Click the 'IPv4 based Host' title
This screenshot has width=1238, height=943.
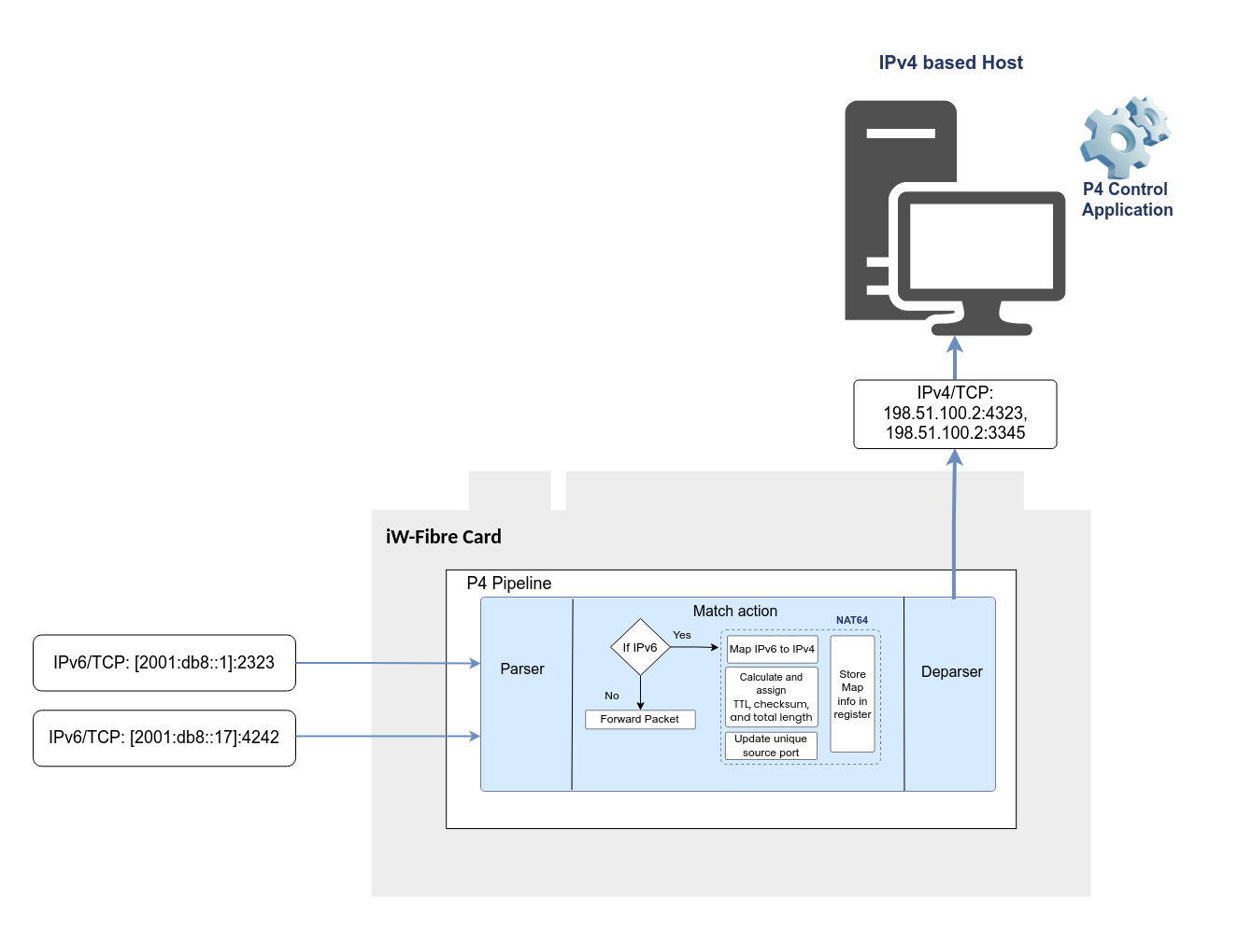[x=950, y=63]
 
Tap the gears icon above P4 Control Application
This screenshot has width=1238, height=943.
[x=1125, y=137]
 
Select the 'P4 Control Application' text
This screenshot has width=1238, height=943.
[x=1126, y=199]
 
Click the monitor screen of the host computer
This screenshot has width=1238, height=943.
[x=980, y=246]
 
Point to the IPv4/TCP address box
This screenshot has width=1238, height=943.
[x=954, y=414]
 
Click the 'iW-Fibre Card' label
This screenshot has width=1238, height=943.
[x=443, y=537]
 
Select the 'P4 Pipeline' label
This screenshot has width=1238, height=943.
[x=508, y=583]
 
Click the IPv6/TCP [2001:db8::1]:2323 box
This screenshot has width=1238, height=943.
[x=164, y=662]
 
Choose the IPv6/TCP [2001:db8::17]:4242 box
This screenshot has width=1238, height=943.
[x=164, y=738]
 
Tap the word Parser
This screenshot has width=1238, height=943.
[x=521, y=669]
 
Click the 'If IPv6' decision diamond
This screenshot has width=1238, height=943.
[x=640, y=647]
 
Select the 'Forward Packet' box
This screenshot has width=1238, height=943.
[x=640, y=719]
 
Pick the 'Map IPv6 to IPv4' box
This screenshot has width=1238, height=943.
[x=771, y=649]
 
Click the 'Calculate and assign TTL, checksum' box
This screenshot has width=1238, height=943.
[x=771, y=697]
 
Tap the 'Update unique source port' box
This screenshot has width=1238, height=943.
[x=771, y=746]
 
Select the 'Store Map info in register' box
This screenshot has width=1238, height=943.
[x=852, y=694]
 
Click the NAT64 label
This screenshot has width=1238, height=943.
[x=852, y=620]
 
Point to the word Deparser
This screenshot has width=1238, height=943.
[x=951, y=672]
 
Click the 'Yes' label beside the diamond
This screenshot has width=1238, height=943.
[x=681, y=635]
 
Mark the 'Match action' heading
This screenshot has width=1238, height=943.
[x=734, y=611]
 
